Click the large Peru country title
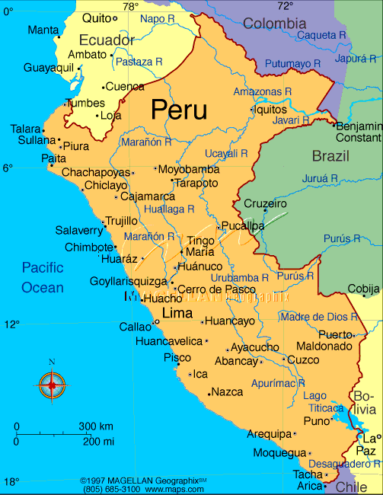pos(179,110)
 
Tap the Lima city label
pos(177,313)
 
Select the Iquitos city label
pos(273,109)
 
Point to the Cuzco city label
pos(302,359)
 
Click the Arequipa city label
pos(270,434)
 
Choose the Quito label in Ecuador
pos(96,18)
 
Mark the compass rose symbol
pos(52,385)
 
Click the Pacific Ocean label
pos(43,277)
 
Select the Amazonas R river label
pos(263,91)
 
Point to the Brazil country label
pos(330,156)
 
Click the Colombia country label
pos(273,24)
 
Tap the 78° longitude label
pos(131,6)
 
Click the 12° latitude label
pos(12,324)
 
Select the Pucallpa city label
pos(244,226)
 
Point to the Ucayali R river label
pos(228,153)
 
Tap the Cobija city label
pos(363,289)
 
